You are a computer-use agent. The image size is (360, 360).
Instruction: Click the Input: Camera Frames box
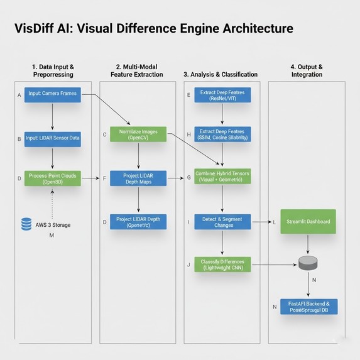point(52,95)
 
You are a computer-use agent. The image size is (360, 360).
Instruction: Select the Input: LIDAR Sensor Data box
point(52,138)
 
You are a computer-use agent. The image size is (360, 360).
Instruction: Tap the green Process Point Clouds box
point(52,178)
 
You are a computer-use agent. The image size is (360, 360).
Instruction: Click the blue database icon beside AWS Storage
point(26,224)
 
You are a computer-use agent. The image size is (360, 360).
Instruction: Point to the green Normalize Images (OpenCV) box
point(138,134)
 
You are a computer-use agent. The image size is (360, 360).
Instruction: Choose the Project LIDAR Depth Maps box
point(138,178)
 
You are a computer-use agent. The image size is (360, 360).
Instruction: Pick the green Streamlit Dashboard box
point(308,222)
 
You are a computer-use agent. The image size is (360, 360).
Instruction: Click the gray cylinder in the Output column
point(307,263)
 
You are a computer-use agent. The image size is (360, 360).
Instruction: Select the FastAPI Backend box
point(308,306)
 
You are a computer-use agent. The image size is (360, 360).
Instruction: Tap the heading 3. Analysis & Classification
point(221,74)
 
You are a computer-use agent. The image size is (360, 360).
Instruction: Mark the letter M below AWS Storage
point(52,236)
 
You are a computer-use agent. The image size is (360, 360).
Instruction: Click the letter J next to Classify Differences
point(188,265)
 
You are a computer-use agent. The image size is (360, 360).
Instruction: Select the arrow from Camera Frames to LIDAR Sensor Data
point(52,116)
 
